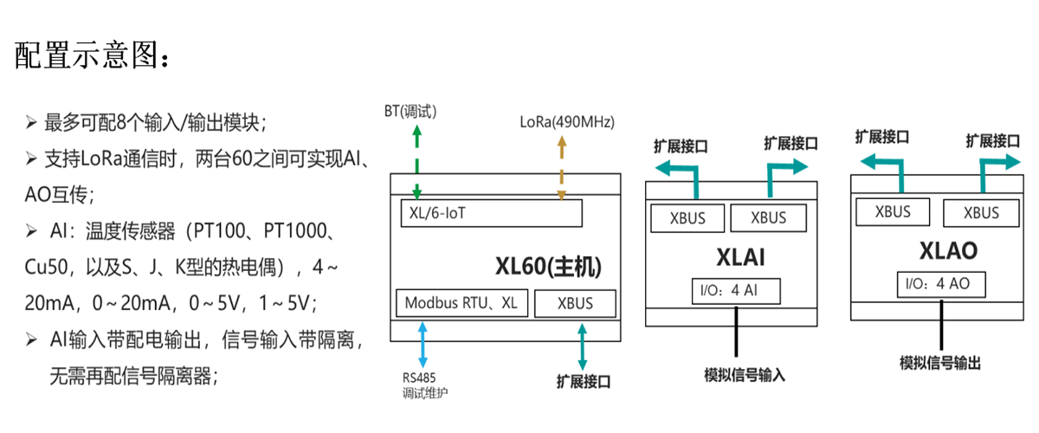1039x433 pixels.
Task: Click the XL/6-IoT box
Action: pyautogui.click(x=490, y=213)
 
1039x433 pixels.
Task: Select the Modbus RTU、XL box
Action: pyautogui.click(x=460, y=303)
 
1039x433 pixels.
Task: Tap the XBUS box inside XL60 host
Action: pyautogui.click(x=575, y=304)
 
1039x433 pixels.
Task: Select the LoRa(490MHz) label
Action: pyautogui.click(x=566, y=122)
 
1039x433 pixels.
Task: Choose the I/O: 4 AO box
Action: pyautogui.click(x=942, y=284)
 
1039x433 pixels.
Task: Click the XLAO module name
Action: pyautogui.click(x=948, y=251)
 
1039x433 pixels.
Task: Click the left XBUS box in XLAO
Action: pyautogui.click(x=893, y=211)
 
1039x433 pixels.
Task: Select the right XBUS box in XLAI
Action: pyautogui.click(x=769, y=218)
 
